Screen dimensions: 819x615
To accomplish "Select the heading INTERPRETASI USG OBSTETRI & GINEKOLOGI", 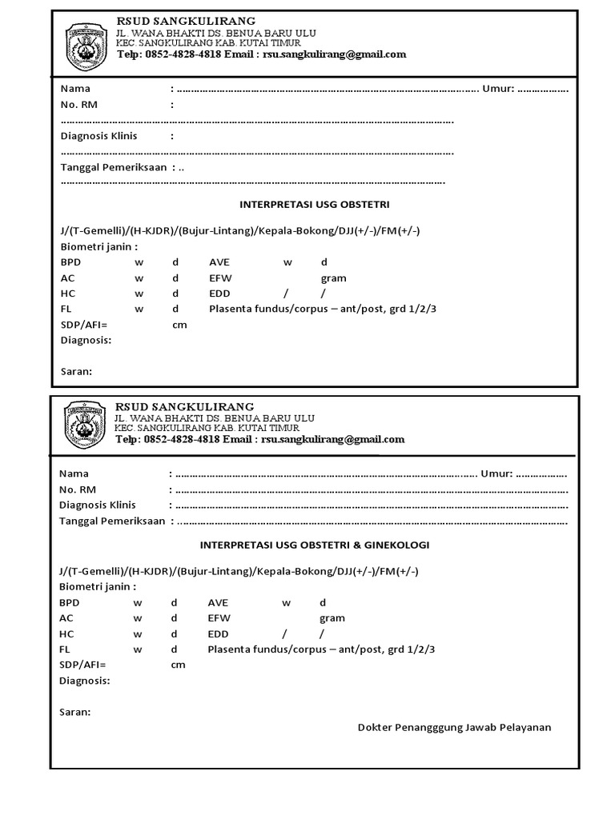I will (x=314, y=545).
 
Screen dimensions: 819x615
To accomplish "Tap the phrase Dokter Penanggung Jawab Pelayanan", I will (x=454, y=727).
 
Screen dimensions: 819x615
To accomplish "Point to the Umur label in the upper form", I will (x=497, y=89).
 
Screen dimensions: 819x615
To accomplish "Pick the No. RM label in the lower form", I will (x=78, y=489).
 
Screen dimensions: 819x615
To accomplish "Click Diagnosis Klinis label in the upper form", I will (x=98, y=136).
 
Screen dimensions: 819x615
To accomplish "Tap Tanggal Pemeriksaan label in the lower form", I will (x=111, y=521).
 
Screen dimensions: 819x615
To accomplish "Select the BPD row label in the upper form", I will (x=70, y=262).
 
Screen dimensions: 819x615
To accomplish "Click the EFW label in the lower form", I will (x=219, y=618).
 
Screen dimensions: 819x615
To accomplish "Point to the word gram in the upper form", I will (x=333, y=278).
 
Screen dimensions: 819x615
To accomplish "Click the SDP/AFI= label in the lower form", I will (x=82, y=665).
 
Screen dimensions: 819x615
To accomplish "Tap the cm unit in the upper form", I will (x=179, y=325).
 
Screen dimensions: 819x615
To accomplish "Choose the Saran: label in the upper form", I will (x=76, y=371).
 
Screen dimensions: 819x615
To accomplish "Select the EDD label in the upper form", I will (x=219, y=294).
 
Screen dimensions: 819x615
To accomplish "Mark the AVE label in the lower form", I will (x=219, y=602).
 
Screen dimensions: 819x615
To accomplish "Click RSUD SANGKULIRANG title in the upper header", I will (x=187, y=21).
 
